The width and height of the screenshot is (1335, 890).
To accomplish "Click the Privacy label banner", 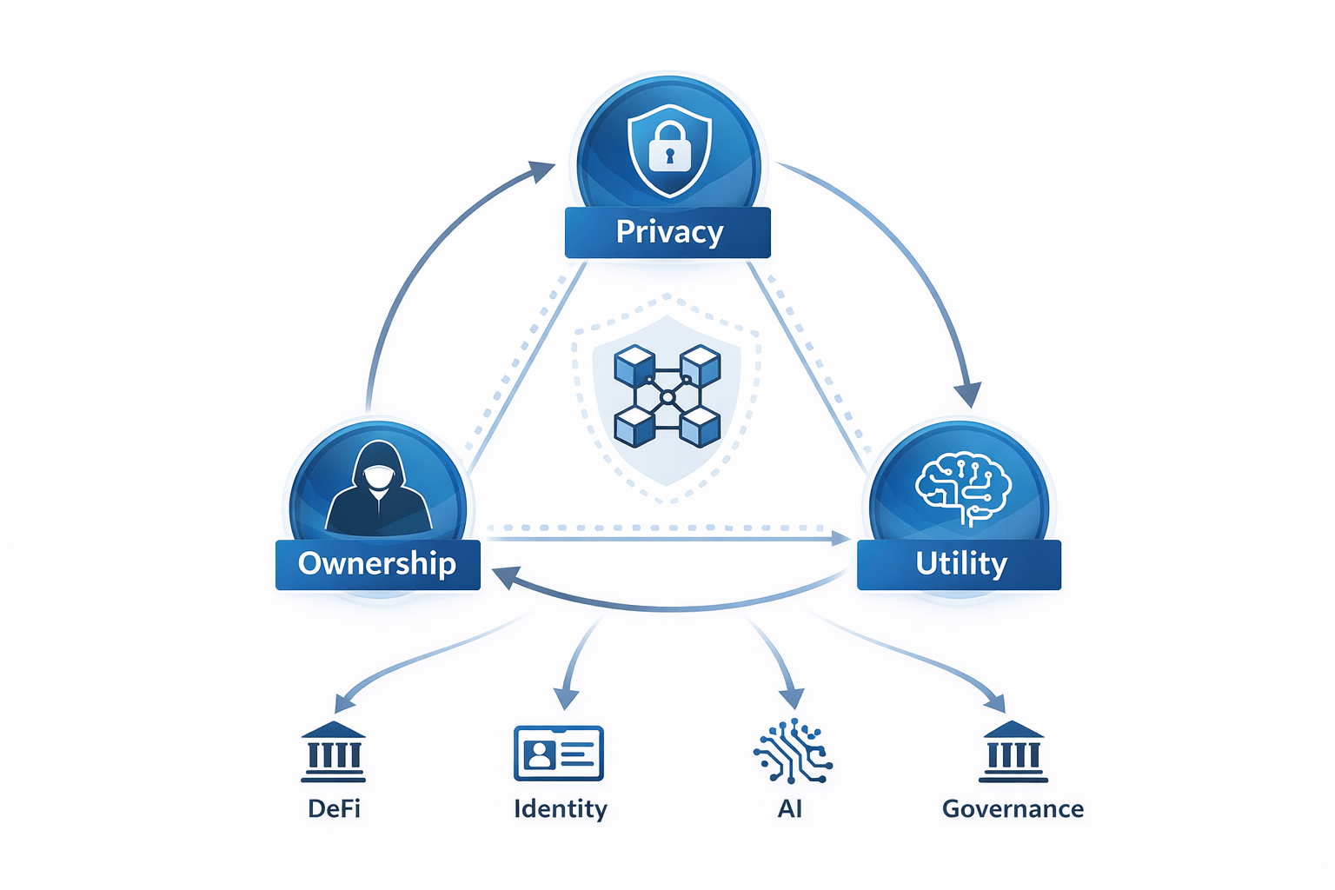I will (x=667, y=232).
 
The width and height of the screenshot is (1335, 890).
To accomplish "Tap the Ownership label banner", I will (x=377, y=564).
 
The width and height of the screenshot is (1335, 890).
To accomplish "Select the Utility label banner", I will (x=960, y=564).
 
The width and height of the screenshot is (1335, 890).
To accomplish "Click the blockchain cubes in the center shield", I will (x=667, y=396).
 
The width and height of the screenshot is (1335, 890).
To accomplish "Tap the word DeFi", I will (x=334, y=809).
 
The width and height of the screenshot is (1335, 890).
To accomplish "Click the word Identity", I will (x=561, y=809).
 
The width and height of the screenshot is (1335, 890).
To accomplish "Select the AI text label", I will (x=789, y=809).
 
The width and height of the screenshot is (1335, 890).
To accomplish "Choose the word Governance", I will (x=1013, y=809).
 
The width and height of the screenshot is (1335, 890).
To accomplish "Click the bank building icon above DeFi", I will (x=334, y=752).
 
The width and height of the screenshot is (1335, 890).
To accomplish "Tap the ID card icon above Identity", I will (x=559, y=753).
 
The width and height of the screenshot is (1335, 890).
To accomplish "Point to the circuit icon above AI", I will (x=792, y=751).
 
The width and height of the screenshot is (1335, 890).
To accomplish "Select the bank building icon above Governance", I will (x=1013, y=752).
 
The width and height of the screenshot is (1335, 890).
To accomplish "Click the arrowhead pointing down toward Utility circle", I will (x=967, y=395).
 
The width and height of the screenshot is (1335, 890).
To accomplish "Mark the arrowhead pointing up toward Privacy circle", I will (x=542, y=169).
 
